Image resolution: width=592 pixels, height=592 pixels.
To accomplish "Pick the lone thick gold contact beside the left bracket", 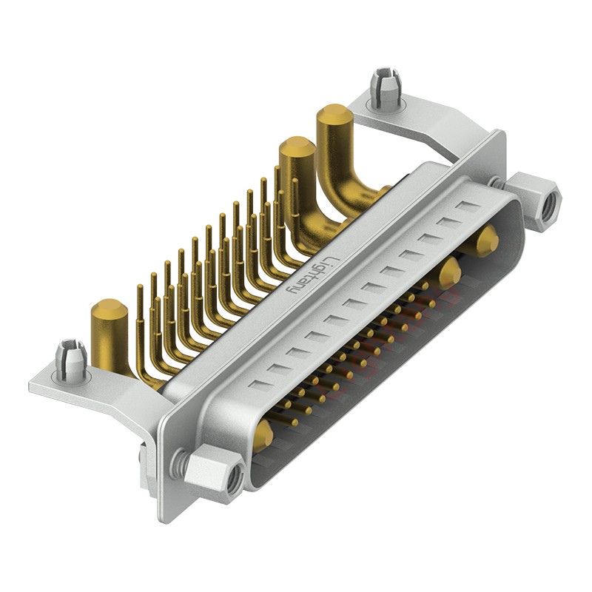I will [x=110, y=333].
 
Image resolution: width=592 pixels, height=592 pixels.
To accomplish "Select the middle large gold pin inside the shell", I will [x=448, y=274].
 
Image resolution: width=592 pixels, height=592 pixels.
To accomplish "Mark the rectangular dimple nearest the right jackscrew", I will [x=465, y=206].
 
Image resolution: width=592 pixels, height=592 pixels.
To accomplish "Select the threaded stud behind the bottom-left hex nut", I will [x=178, y=464].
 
